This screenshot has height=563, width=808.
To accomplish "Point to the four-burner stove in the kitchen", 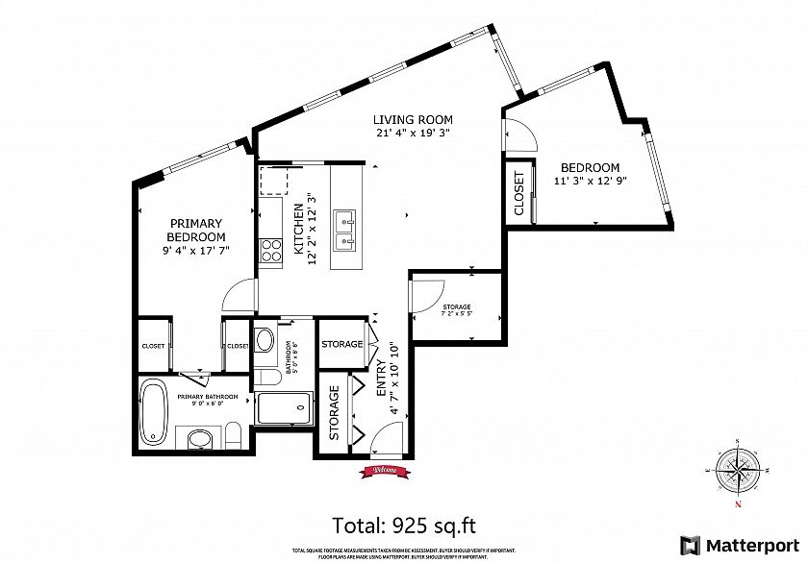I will coord(270,250).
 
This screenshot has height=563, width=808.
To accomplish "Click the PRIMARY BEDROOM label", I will coord(195,230).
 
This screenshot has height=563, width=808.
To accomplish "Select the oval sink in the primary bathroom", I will coord(201,440).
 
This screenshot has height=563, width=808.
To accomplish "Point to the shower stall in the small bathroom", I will coord(285,410).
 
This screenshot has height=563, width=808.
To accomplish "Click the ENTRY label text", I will coord(381,379).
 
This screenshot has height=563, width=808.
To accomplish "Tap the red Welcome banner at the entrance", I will coord(380,470).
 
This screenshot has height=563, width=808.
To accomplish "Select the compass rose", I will coord(737,469).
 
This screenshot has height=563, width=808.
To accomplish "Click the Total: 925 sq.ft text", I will coord(403,525).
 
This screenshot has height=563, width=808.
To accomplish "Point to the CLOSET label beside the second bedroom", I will coord(518,193).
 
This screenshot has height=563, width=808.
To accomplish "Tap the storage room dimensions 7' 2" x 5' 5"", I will coord(456,311).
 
